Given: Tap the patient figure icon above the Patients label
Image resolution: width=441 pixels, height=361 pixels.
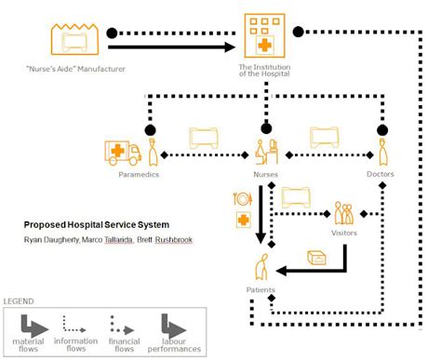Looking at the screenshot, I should click(x=264, y=271).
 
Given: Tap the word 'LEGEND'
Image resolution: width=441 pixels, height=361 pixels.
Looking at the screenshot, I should click(x=20, y=302).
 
